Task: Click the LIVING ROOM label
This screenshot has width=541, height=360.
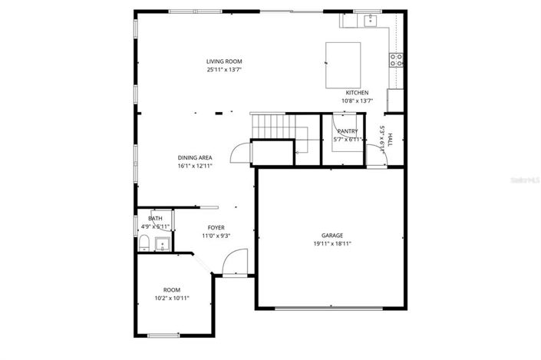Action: [224, 61]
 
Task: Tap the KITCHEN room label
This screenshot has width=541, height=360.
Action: [357, 93]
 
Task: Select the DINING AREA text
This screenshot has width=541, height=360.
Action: [195, 157]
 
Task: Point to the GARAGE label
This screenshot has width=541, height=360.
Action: [332, 236]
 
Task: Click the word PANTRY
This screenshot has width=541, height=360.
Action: [347, 131]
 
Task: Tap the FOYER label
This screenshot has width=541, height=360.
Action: [216, 228]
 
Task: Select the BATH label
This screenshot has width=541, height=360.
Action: [155, 219]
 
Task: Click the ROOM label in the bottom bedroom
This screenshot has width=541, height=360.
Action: [171, 289]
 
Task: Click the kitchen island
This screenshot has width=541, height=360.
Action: [343, 66]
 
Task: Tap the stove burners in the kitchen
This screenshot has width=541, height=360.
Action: [397, 60]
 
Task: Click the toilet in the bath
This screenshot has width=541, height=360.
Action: [143, 243]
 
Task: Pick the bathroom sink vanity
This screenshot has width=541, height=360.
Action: [162, 245]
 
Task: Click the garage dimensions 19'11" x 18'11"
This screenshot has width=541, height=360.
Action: [332, 244]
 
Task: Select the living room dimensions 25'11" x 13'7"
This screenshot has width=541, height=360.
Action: [224, 70]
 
